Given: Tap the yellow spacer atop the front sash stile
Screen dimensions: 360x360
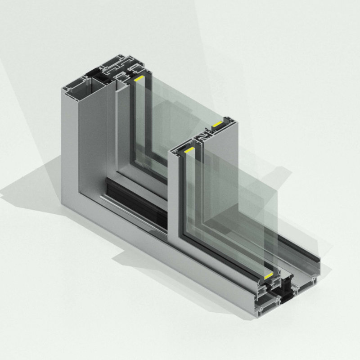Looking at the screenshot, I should (x=189, y=149).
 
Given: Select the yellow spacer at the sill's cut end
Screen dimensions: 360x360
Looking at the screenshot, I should (x=269, y=274).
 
